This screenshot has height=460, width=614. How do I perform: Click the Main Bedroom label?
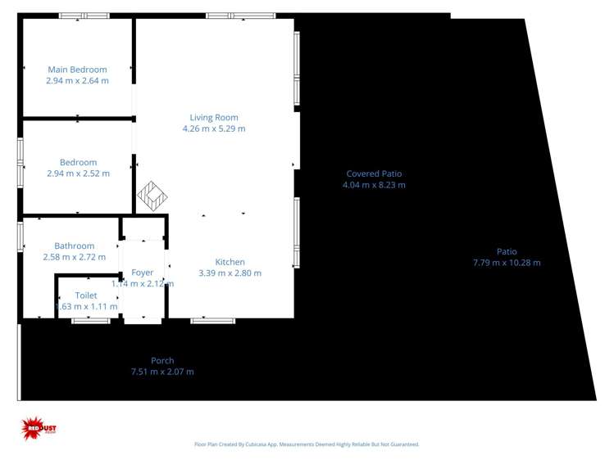pos(77,70)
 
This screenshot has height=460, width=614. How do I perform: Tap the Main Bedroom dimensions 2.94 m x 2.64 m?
pos(77,81)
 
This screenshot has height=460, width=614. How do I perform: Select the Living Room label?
pos(214,117)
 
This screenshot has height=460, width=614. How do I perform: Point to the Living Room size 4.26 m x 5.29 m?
pos(214,129)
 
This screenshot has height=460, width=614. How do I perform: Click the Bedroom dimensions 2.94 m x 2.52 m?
pos(78,174)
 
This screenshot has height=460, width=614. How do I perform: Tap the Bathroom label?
pos(74,246)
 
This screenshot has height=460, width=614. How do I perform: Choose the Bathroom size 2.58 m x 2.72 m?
pos(74,257)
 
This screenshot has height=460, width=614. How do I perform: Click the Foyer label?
pos(143,273)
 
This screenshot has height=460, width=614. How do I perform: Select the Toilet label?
pos(86,295)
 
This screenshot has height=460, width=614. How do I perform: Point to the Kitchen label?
pos(230,262)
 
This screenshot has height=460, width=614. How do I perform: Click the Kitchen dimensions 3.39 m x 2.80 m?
pos(230,273)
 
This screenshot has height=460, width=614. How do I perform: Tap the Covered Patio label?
pos(374,174)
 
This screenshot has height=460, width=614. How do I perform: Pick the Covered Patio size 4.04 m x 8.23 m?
pos(374,185)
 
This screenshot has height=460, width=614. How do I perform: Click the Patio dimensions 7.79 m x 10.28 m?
pos(507,263)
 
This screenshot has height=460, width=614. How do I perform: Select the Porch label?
pos(162,360)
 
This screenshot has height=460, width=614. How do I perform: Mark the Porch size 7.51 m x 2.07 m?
pos(162,372)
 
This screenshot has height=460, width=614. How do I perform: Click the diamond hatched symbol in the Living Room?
pos(152,196)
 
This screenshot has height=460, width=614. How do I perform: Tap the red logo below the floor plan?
pos(39,427)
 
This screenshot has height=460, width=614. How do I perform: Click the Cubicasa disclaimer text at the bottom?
pos(307,444)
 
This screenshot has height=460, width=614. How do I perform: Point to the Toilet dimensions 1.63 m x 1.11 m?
pos(86,307)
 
